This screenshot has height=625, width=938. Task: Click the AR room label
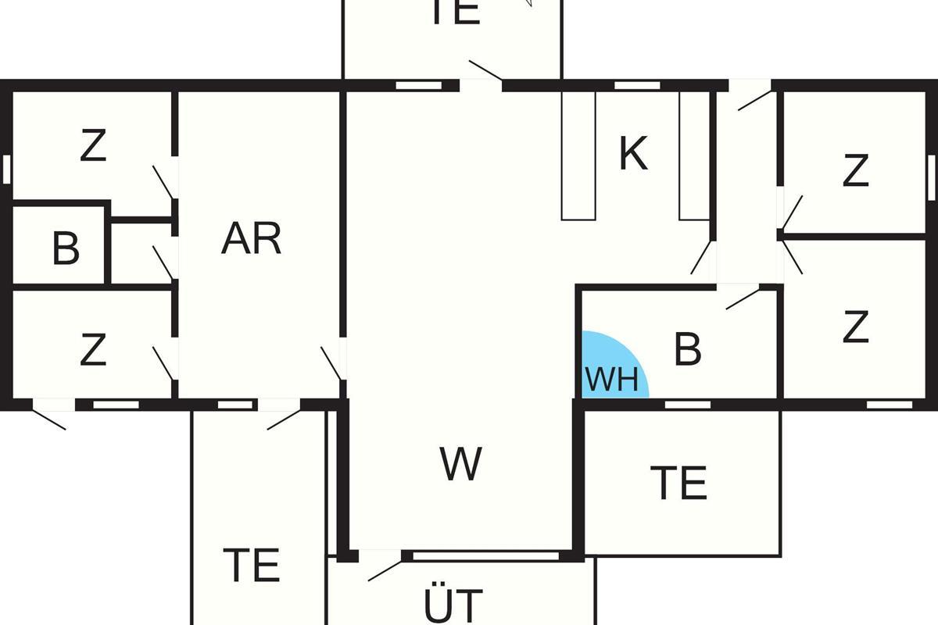[251, 238]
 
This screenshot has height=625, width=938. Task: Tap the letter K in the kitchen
[633, 154]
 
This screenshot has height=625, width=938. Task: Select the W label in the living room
[460, 464]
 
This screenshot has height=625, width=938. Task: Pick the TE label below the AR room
[252, 565]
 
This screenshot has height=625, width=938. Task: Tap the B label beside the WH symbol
[687, 349]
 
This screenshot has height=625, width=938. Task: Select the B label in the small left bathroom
[66, 249]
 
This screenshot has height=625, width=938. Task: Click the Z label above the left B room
[93, 146]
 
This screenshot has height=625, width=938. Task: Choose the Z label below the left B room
[93, 350]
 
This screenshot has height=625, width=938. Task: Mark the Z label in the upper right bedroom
[856, 171]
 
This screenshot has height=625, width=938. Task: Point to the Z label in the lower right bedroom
[856, 328]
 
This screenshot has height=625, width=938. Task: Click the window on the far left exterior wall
[6, 169]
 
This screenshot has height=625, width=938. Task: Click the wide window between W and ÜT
[485, 556]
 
